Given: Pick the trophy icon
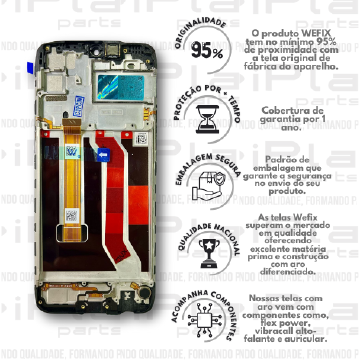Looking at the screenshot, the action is (x=206, y=246).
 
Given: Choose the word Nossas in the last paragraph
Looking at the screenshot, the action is (x=268, y=299).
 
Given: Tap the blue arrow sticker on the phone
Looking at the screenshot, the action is (x=102, y=155).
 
